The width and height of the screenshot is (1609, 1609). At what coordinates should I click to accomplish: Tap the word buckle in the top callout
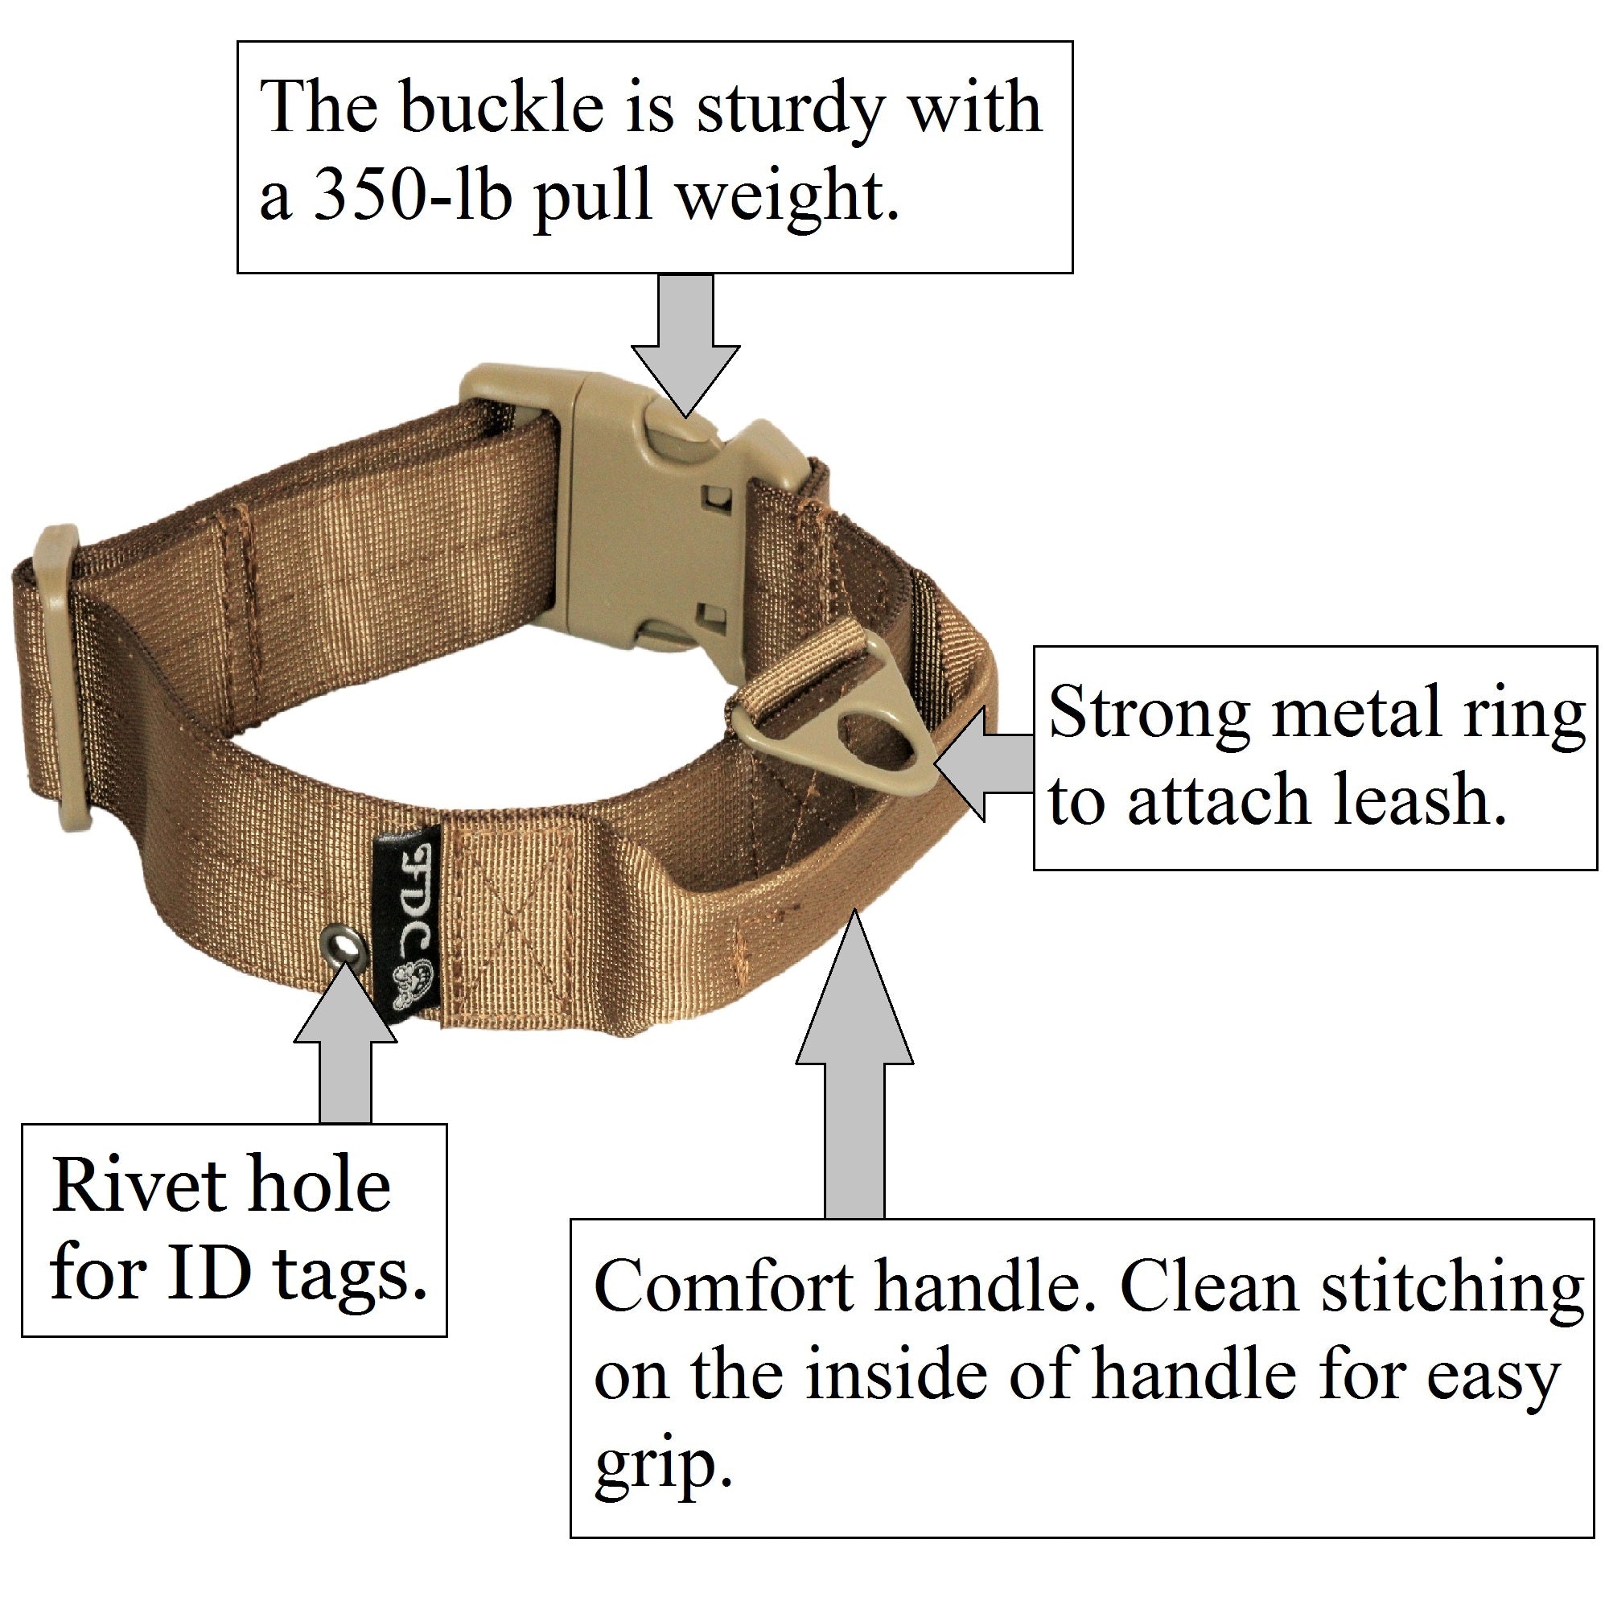pyautogui.click(x=501, y=109)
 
